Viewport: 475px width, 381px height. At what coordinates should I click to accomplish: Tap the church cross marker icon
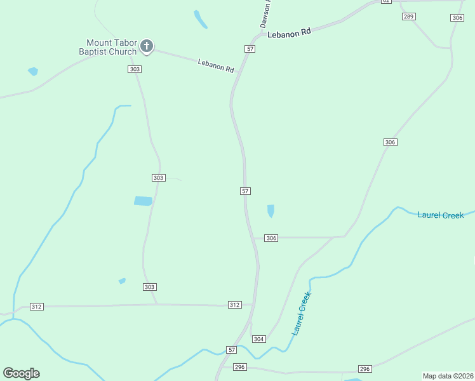pyautogui.click(x=147, y=46)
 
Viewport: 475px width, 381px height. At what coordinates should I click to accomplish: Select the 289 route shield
pyautogui.click(x=409, y=16)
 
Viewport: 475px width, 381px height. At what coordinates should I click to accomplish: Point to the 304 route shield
pyautogui.click(x=258, y=339)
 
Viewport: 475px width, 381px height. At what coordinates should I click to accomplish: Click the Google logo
pyautogui.click(x=21, y=373)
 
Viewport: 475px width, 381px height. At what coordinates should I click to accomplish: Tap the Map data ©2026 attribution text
pyautogui.click(x=447, y=376)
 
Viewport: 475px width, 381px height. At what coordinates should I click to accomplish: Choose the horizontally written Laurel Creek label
pyautogui.click(x=441, y=215)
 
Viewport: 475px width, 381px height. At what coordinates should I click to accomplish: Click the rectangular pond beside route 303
pyautogui.click(x=143, y=201)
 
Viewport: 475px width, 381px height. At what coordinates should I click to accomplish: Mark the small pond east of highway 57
pyautogui.click(x=271, y=211)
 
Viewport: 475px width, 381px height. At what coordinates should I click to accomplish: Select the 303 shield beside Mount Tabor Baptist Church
pyautogui.click(x=134, y=69)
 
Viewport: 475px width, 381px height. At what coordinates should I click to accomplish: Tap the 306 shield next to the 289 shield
pyautogui.click(x=457, y=18)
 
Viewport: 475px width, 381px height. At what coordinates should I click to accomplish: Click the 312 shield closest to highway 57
pyautogui.click(x=235, y=305)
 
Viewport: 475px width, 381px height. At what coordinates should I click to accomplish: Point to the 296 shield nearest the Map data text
pyautogui.click(x=365, y=369)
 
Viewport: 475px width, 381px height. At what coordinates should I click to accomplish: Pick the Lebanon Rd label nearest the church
pyautogui.click(x=216, y=65)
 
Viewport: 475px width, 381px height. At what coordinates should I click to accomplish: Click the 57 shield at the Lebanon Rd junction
pyautogui.click(x=250, y=49)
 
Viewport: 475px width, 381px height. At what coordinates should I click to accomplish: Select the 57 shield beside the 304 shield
pyautogui.click(x=232, y=350)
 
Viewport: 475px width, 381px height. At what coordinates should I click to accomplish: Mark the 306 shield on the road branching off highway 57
pyautogui.click(x=272, y=238)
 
